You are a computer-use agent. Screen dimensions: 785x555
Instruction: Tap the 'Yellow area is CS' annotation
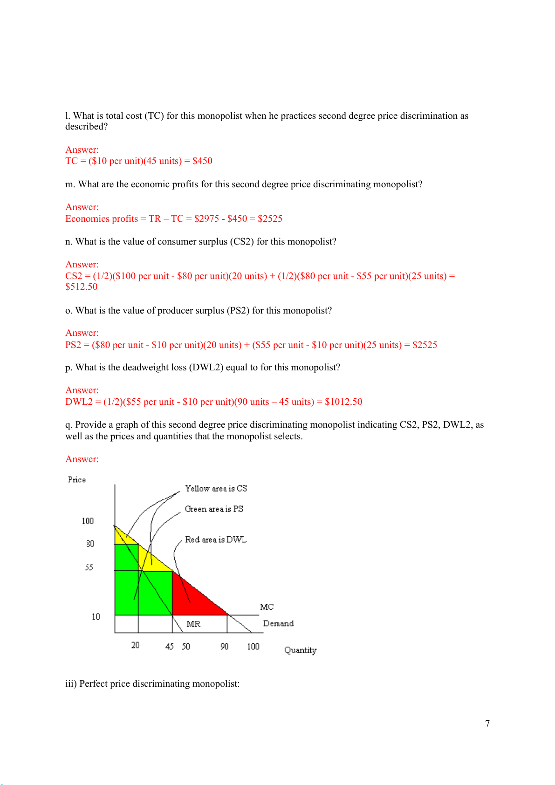click(216, 488)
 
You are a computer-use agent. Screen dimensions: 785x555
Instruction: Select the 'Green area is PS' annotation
click(214, 509)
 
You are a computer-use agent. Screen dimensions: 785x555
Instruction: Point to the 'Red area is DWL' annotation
click(215, 539)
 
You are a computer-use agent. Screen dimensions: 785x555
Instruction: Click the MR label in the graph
click(193, 624)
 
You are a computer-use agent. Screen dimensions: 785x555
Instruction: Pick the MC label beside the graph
click(267, 607)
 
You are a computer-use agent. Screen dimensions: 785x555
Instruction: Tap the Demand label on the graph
click(278, 623)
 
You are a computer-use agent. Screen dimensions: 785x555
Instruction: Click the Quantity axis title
click(300, 650)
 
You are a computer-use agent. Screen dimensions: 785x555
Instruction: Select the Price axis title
click(77, 479)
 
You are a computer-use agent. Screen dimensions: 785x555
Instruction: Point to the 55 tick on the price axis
click(89, 567)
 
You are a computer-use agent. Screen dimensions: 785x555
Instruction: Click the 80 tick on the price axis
click(90, 544)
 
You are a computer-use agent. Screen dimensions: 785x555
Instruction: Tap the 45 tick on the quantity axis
click(170, 646)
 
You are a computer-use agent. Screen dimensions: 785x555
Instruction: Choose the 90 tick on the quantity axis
click(224, 646)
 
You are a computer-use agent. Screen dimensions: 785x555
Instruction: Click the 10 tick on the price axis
click(96, 616)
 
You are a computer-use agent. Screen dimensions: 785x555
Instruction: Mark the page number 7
click(487, 724)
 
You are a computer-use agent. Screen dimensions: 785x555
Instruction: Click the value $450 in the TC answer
click(202, 161)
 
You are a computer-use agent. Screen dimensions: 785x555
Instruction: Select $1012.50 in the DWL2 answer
click(343, 402)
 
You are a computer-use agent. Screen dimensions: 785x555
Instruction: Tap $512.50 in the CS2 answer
click(82, 287)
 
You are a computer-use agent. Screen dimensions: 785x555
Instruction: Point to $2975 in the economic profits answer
click(206, 218)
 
